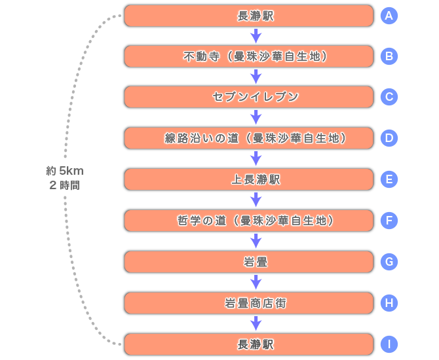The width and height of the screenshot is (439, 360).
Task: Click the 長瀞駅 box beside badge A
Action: pyautogui.click(x=249, y=16)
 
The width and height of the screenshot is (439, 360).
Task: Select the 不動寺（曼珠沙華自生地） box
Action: pyautogui.click(x=249, y=56)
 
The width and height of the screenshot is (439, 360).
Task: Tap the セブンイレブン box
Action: pyautogui.click(x=249, y=97)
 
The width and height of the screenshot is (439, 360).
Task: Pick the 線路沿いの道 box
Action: pyautogui.click(x=249, y=138)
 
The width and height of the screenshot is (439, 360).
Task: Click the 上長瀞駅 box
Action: pyautogui.click(x=249, y=179)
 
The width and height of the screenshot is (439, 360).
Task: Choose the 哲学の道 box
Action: pyautogui.click(x=249, y=221)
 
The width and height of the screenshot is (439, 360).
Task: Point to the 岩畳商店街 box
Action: pyautogui.click(x=249, y=303)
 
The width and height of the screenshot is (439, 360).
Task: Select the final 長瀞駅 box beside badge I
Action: pyautogui.click(x=249, y=344)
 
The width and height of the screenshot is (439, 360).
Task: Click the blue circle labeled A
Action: pyautogui.click(x=389, y=16)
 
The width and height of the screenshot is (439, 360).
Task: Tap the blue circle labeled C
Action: pyautogui.click(x=389, y=97)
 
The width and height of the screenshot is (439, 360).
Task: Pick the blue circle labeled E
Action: pyautogui.click(x=389, y=179)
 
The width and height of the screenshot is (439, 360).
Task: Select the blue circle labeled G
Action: pyautogui.click(x=389, y=262)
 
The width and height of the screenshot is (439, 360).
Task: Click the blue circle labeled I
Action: pyautogui.click(x=389, y=344)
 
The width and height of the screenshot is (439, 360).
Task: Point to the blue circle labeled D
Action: pyautogui.click(x=389, y=138)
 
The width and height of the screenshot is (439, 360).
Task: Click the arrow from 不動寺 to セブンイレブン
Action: pyautogui.click(x=256, y=77)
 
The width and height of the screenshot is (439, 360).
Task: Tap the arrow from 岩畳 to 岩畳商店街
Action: pyautogui.click(x=256, y=282)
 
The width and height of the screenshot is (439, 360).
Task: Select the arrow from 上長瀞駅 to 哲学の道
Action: pyautogui.click(x=256, y=200)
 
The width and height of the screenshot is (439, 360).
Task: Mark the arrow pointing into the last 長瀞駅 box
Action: pyautogui.click(x=256, y=323)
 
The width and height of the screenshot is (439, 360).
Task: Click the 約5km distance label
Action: pyautogui.click(x=65, y=171)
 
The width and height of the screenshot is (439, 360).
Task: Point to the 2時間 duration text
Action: pyautogui.click(x=65, y=185)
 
